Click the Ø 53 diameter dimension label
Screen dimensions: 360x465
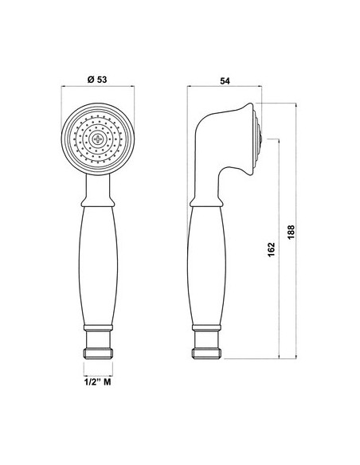click(97, 80)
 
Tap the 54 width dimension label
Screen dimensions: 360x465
click(225, 80)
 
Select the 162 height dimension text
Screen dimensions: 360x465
click(272, 250)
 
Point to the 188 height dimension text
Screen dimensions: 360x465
click(291, 232)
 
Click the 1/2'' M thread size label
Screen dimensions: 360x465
click(97, 382)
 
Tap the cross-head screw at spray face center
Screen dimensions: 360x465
click(97, 139)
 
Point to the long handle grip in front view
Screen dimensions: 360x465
click(98, 266)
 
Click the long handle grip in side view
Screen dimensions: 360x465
click(206, 266)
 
